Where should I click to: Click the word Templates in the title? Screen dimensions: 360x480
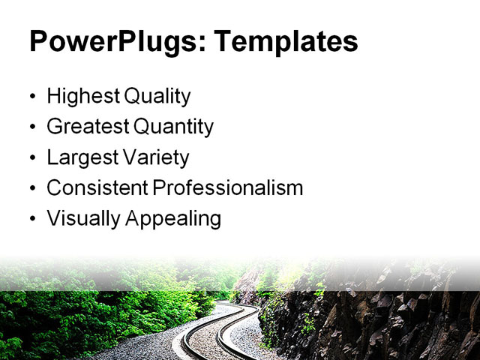(x=286, y=42)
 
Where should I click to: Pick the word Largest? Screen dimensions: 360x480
(x=79, y=158)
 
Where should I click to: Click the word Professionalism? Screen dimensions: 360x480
(x=228, y=188)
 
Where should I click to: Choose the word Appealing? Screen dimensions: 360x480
(x=173, y=219)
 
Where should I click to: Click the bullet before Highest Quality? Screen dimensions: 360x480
(x=32, y=97)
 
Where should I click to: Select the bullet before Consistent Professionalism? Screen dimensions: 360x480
(x=32, y=189)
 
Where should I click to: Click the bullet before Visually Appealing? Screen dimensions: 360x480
(x=32, y=220)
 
